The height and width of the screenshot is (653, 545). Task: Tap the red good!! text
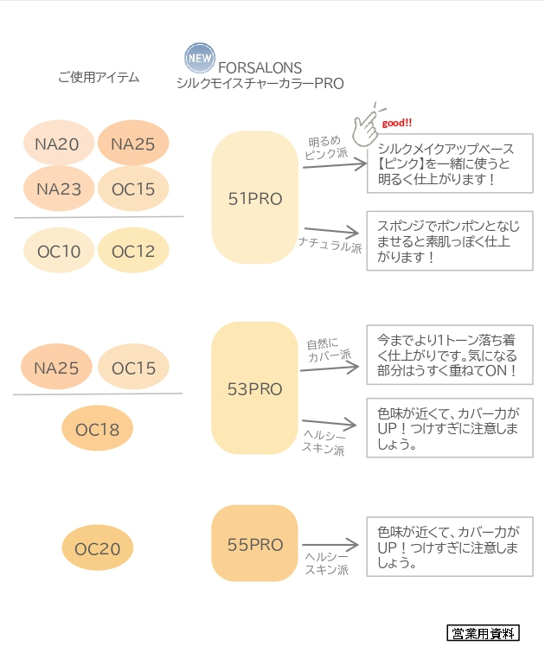pyautogui.click(x=397, y=122)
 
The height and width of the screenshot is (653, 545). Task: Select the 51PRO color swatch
pyautogui.click(x=254, y=198)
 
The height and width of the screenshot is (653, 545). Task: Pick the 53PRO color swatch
pyautogui.click(x=254, y=388)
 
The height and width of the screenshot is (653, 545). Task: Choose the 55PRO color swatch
pyautogui.click(x=254, y=544)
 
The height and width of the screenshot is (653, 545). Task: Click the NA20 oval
pyautogui.click(x=57, y=144)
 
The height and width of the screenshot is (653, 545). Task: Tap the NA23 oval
pyautogui.click(x=57, y=188)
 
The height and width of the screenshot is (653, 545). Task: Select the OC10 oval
pyautogui.click(x=58, y=252)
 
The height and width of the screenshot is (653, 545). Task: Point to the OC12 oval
pyautogui.click(x=132, y=252)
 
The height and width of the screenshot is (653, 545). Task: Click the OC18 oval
pyautogui.click(x=97, y=429)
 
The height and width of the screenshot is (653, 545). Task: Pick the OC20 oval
pyautogui.click(x=97, y=548)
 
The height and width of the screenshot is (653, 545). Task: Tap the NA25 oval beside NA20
pyautogui.click(x=132, y=144)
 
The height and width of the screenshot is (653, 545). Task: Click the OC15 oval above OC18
pyautogui.click(x=133, y=368)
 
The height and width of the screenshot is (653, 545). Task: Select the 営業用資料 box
pyautogui.click(x=483, y=634)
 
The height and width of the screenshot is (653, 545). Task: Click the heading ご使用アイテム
pyautogui.click(x=98, y=78)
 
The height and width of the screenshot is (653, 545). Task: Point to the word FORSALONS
pyautogui.click(x=260, y=67)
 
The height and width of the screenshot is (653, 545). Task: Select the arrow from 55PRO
pyautogui.click(x=330, y=546)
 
